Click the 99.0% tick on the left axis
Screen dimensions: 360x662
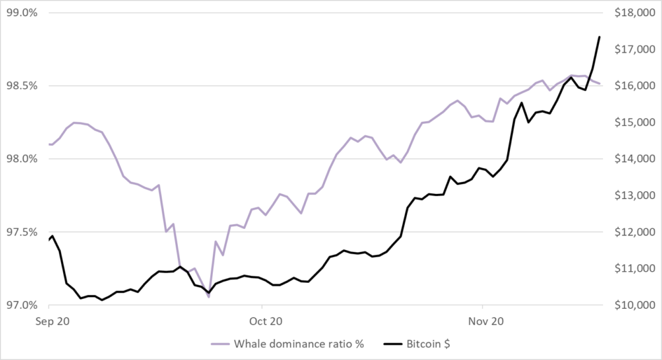(x=24, y=13)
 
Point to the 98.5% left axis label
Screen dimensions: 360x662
(x=24, y=86)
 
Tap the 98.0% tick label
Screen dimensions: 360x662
(x=24, y=159)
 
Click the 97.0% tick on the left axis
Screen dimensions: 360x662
(x=24, y=305)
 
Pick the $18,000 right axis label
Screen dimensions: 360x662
(x=635, y=13)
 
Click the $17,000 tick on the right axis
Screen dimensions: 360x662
(x=635, y=50)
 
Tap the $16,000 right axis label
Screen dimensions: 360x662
(x=635, y=86)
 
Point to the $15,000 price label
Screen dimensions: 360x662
(x=635, y=123)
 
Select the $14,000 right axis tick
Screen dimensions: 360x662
(x=635, y=159)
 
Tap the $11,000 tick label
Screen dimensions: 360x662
(x=635, y=269)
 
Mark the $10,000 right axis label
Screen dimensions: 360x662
(x=635, y=305)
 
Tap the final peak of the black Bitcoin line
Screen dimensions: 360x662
(x=600, y=36)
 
